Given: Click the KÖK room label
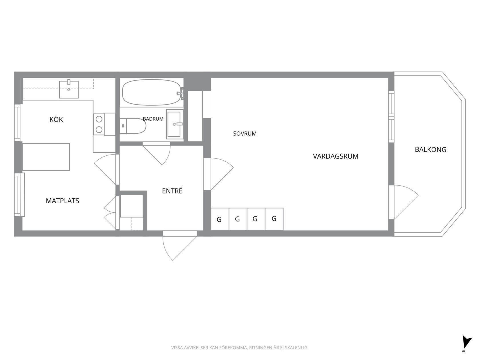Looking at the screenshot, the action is point(56,119).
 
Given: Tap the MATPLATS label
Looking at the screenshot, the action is point(62,201).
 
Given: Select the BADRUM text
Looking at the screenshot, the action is point(153,119).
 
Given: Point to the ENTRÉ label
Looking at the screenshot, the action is point(172,191).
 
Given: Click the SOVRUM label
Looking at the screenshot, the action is point(245,133).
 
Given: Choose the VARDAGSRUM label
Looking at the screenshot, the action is point(335,156).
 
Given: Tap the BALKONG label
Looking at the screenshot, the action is point(430,149).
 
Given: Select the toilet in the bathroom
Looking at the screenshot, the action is point(133,126).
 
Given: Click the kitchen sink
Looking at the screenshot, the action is point(69,89).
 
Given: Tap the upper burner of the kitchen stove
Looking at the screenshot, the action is point(99,119).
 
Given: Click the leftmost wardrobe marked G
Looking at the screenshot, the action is point(220,219).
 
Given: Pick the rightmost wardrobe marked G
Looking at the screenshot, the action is point(274,219).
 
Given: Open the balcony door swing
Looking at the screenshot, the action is point(403,202).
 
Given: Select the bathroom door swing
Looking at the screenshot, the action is point(156,153).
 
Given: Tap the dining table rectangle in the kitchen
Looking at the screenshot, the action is point(46,157).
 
